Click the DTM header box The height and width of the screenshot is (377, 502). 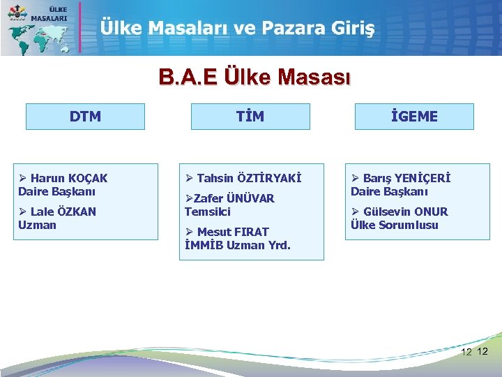[x=85, y=117]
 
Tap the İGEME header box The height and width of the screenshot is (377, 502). [x=414, y=117]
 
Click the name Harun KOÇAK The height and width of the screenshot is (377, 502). [x=69, y=178]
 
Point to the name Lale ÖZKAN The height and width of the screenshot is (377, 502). [x=63, y=212]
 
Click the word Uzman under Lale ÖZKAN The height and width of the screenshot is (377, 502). [x=37, y=225]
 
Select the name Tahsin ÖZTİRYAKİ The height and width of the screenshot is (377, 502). [x=249, y=178]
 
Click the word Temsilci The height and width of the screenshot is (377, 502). [x=207, y=212]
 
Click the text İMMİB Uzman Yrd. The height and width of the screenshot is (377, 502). [x=238, y=245]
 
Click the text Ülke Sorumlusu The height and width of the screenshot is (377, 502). [x=395, y=225]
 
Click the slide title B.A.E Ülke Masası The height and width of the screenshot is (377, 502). [x=255, y=76]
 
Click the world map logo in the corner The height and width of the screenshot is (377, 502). [x=38, y=29]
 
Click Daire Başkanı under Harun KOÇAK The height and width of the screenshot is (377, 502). [x=57, y=191]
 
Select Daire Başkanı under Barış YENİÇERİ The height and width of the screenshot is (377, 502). [x=389, y=191]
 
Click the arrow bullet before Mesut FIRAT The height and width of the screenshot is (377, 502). [x=189, y=232]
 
